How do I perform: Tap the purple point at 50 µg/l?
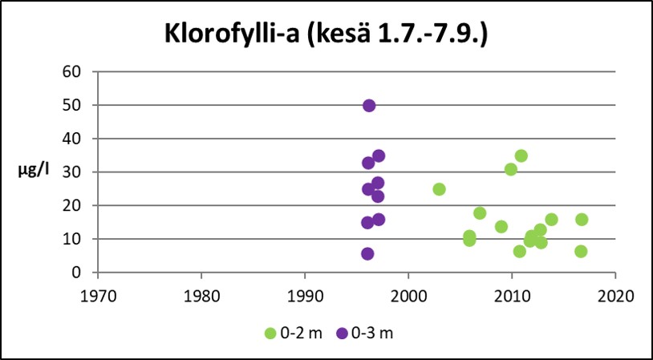pyautogui.click(x=369, y=106)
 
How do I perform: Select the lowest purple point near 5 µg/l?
pyautogui.click(x=367, y=254)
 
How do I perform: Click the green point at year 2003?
pyautogui.click(x=439, y=189)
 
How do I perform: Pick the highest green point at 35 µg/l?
pyautogui.click(x=521, y=156)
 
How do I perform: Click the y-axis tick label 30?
pyautogui.click(x=73, y=172)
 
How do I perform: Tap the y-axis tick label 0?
pyautogui.click(x=77, y=273)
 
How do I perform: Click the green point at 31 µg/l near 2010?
pyautogui.click(x=511, y=169)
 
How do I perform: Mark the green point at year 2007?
pyautogui.click(x=480, y=213)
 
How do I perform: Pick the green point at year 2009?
pyautogui.click(x=501, y=227)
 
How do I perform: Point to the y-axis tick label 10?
pyautogui.click(x=73, y=239)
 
